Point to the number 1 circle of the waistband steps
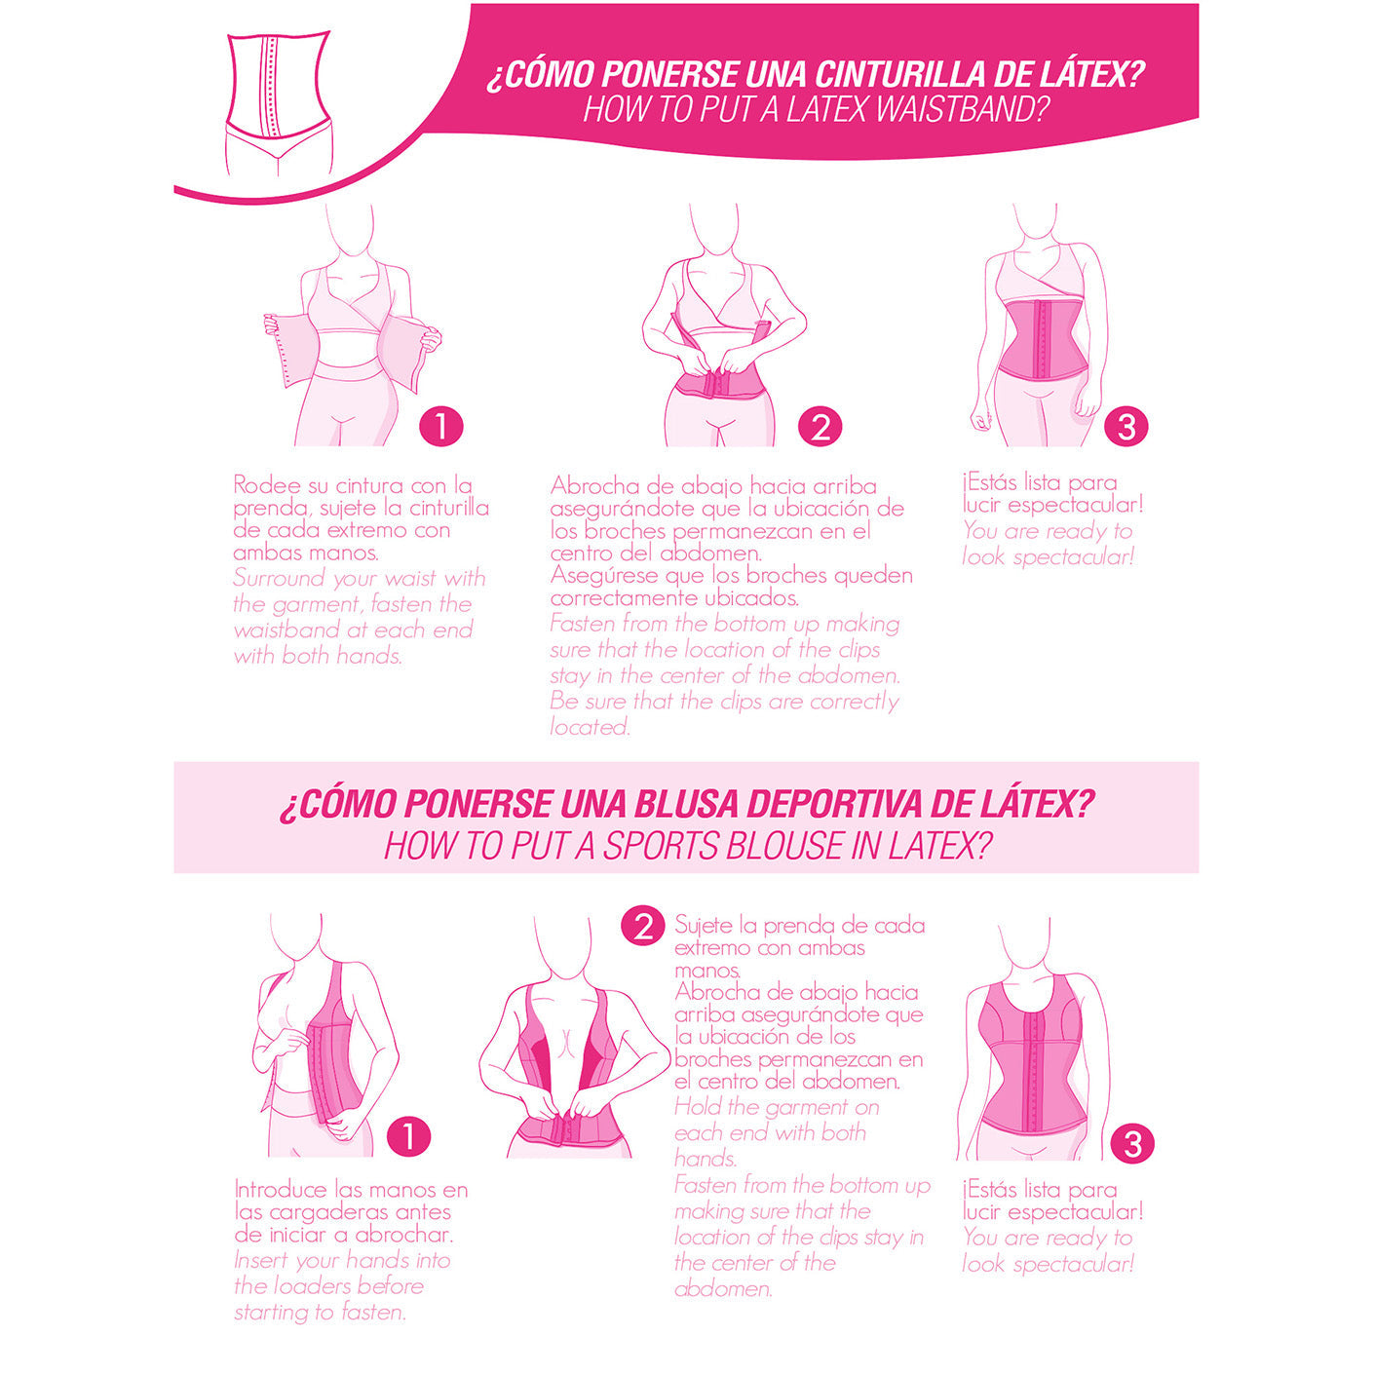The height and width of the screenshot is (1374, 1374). point(441,427)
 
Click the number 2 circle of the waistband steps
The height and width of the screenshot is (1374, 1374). point(820,427)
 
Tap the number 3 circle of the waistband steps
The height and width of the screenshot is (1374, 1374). point(1126,427)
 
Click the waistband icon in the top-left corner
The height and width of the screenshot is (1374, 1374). point(279,102)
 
